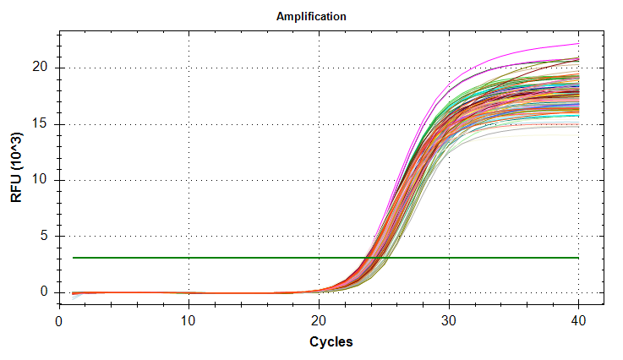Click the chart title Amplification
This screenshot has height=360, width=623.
[311, 16]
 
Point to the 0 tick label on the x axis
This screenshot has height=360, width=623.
[59, 322]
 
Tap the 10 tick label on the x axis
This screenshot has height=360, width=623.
[189, 322]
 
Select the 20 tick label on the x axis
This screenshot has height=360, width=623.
[319, 322]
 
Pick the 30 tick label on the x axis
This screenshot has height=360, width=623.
[449, 322]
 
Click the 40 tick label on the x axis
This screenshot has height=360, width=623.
[578, 322]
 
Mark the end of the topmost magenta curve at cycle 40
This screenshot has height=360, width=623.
[578, 44]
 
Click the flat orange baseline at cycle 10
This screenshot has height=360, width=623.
[189, 293]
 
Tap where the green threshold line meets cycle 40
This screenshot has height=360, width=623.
[578, 258]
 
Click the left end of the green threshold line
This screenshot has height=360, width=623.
[73, 258]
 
